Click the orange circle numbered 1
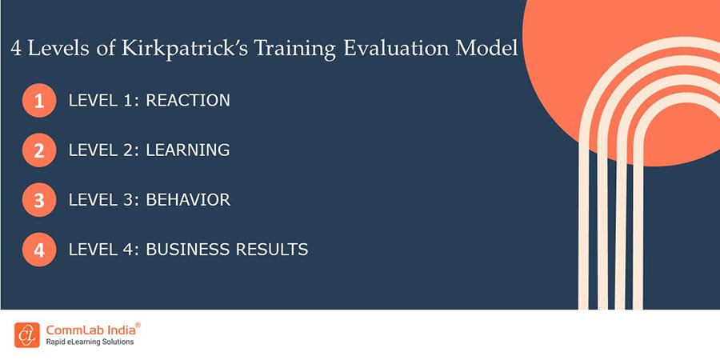pos(39,102)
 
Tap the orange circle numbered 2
pos(39,151)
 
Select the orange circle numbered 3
pos(39,201)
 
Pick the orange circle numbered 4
pos(39,250)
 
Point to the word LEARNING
pos(188,150)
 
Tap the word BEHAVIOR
pos(188,200)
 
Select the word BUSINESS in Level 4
pos(189,250)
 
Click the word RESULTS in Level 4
pos(272,250)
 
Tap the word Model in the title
pos(487,49)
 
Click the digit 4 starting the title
pos(16,49)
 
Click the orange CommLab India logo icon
pos(27,335)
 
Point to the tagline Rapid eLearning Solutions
pos(90,342)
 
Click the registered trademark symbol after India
pos(138,325)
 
